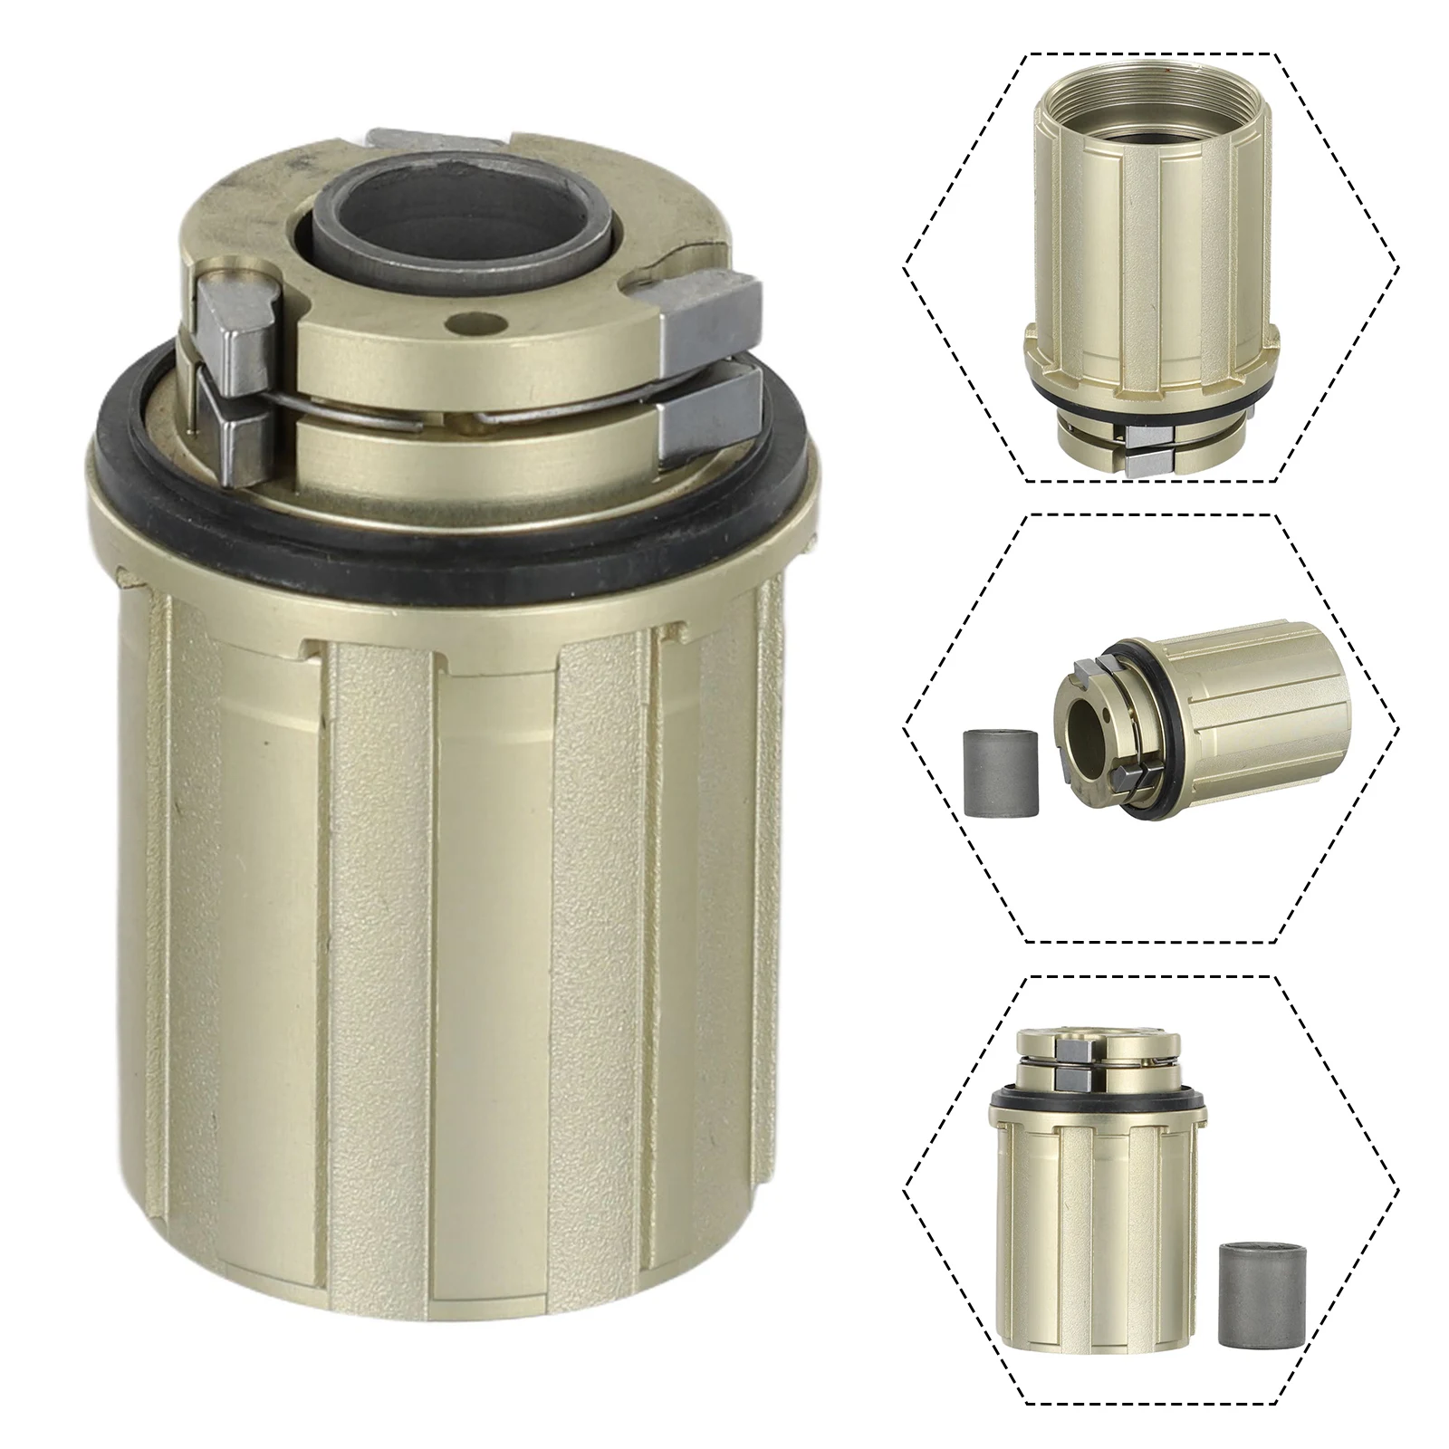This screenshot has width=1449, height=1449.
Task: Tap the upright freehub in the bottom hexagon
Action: [1096, 1214]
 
